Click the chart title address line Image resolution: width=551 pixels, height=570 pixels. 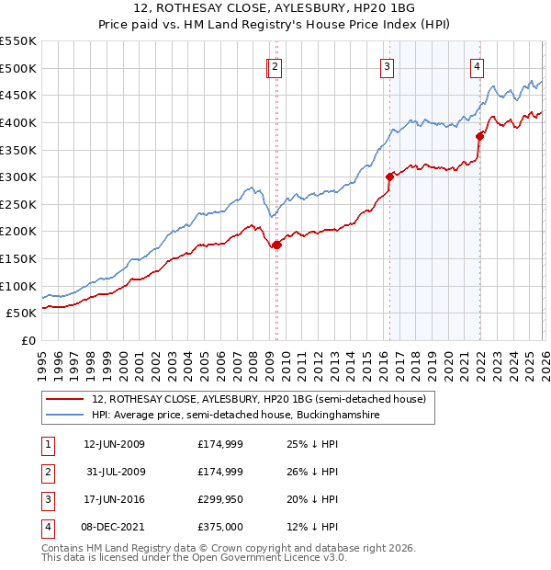(x=275, y=8)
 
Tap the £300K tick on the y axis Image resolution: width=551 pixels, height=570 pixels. (x=18, y=177)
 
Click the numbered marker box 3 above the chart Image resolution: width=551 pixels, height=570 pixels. (x=388, y=66)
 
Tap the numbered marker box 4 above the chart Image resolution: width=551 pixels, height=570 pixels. (x=478, y=66)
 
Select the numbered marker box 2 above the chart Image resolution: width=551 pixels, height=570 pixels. (x=275, y=66)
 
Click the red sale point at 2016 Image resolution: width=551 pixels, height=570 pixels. (x=389, y=177)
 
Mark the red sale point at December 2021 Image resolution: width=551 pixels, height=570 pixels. (x=478, y=136)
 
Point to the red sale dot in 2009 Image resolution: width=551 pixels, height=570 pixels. (x=276, y=245)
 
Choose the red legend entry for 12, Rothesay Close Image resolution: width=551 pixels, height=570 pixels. (x=258, y=400)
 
